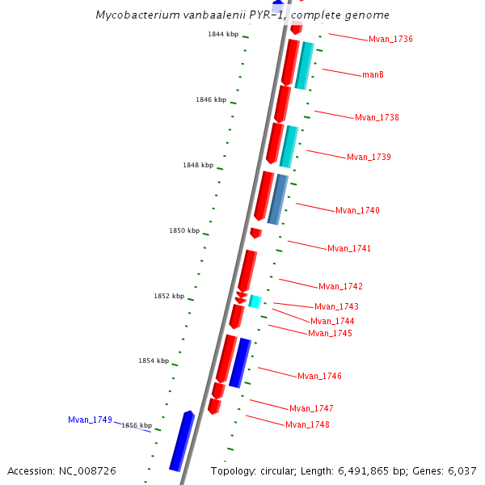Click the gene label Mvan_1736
(x=390, y=40)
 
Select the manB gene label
(x=373, y=75)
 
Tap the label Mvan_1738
(x=377, y=118)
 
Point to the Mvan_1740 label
(x=357, y=211)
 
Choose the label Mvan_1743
(x=336, y=307)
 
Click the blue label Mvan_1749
(x=90, y=420)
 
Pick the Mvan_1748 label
(x=307, y=425)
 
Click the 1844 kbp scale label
(x=223, y=35)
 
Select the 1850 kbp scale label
(x=184, y=231)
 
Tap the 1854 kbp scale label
(x=154, y=361)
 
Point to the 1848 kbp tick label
(x=198, y=166)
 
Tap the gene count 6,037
(x=459, y=471)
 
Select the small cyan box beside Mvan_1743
(x=255, y=302)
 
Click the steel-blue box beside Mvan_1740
(x=277, y=200)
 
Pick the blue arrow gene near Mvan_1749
(x=182, y=441)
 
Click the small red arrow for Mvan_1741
(x=255, y=233)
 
